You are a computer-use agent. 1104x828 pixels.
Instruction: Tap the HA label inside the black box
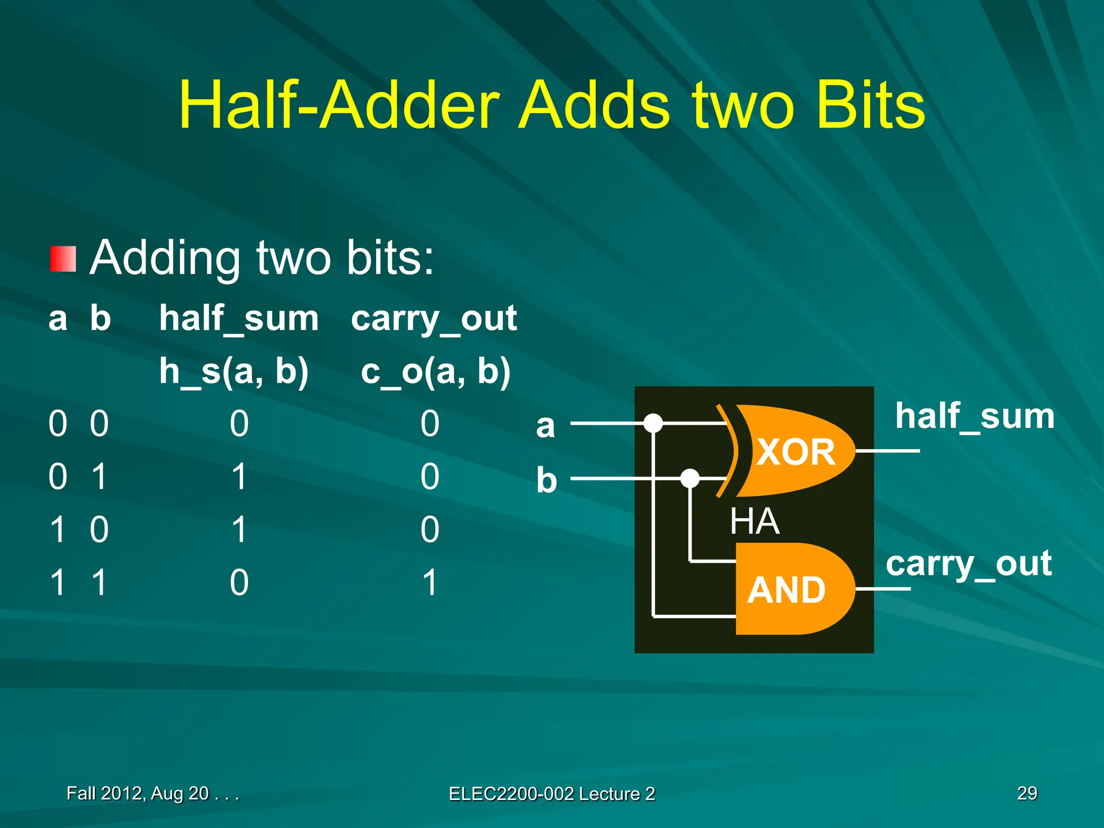(x=754, y=521)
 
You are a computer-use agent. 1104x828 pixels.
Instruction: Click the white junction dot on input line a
(x=653, y=423)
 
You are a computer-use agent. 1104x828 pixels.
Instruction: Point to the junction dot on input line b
(x=689, y=478)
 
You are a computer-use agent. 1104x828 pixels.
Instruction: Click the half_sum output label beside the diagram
(x=975, y=417)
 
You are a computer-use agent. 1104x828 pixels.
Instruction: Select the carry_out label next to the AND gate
(x=969, y=564)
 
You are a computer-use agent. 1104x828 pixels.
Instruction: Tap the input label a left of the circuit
(x=545, y=426)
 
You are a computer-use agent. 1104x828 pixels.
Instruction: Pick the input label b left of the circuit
(x=546, y=480)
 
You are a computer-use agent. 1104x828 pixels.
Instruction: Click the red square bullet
(x=63, y=259)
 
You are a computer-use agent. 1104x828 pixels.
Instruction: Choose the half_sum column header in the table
(x=239, y=319)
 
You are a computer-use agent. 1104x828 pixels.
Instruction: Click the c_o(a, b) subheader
(x=436, y=371)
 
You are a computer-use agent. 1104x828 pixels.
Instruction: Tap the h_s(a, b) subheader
(x=234, y=371)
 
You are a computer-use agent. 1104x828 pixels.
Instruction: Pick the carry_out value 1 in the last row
(x=430, y=582)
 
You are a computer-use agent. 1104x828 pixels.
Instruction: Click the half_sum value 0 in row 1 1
(x=239, y=582)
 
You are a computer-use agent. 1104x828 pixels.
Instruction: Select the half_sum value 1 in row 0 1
(x=239, y=477)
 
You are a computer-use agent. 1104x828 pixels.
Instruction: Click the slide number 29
(x=1027, y=793)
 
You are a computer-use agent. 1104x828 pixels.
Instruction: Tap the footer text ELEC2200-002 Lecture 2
(x=551, y=793)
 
